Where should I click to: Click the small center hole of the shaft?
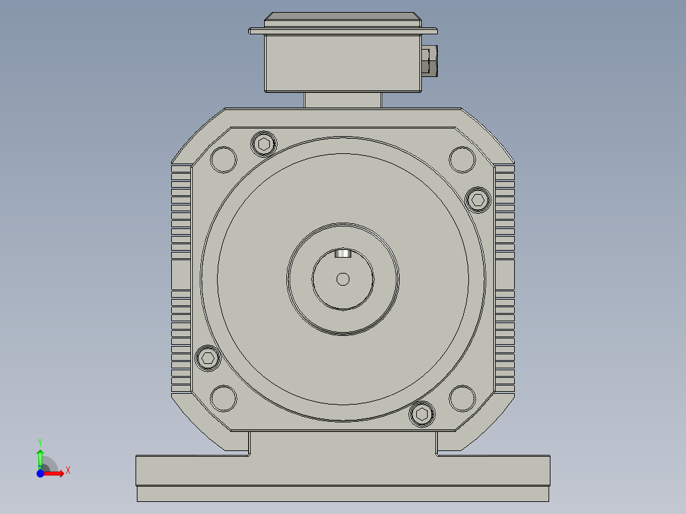point(343,279)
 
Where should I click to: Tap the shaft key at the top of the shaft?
point(343,253)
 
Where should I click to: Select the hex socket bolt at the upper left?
point(264,144)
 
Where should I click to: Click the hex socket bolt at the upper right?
point(478,200)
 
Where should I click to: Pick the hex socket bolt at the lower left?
point(208,358)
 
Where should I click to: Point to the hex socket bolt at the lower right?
point(422,414)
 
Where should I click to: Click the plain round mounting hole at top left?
point(223,159)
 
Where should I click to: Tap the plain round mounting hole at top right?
point(462,159)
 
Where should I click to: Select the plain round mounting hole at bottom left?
point(223,398)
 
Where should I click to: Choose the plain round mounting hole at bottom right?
point(462,398)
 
